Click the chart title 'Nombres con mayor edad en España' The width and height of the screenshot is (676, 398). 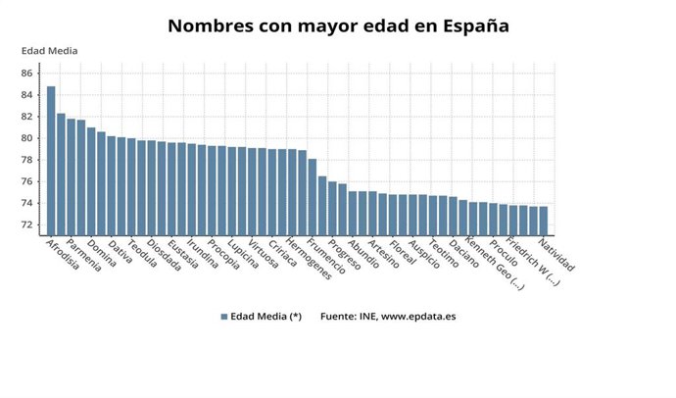(338, 26)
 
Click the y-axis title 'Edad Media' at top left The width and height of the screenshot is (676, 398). (50, 51)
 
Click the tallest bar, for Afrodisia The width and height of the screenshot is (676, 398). (51, 161)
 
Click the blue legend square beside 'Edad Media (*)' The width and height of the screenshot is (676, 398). (224, 317)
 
